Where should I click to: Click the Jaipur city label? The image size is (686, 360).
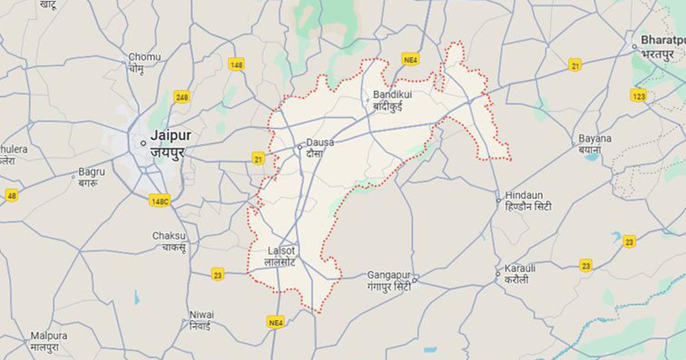click(x=170, y=136)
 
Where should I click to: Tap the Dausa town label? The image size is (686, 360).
click(x=320, y=142)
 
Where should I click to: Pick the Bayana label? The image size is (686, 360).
click(x=595, y=138)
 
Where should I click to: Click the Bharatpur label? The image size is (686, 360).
click(x=663, y=40)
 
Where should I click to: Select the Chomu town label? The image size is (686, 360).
click(x=144, y=57)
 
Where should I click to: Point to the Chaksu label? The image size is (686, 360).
click(x=169, y=236)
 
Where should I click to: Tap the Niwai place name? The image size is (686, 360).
click(x=202, y=315)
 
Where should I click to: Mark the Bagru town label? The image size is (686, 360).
click(x=92, y=171)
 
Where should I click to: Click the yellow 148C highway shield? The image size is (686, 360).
click(x=159, y=201)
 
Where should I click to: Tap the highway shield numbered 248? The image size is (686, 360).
click(x=182, y=97)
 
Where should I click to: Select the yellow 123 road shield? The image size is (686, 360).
click(x=639, y=95)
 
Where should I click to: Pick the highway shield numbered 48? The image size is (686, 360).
click(x=11, y=195)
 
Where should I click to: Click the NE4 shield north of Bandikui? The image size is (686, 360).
click(x=410, y=59)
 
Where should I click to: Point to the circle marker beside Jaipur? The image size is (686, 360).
click(x=143, y=143)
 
